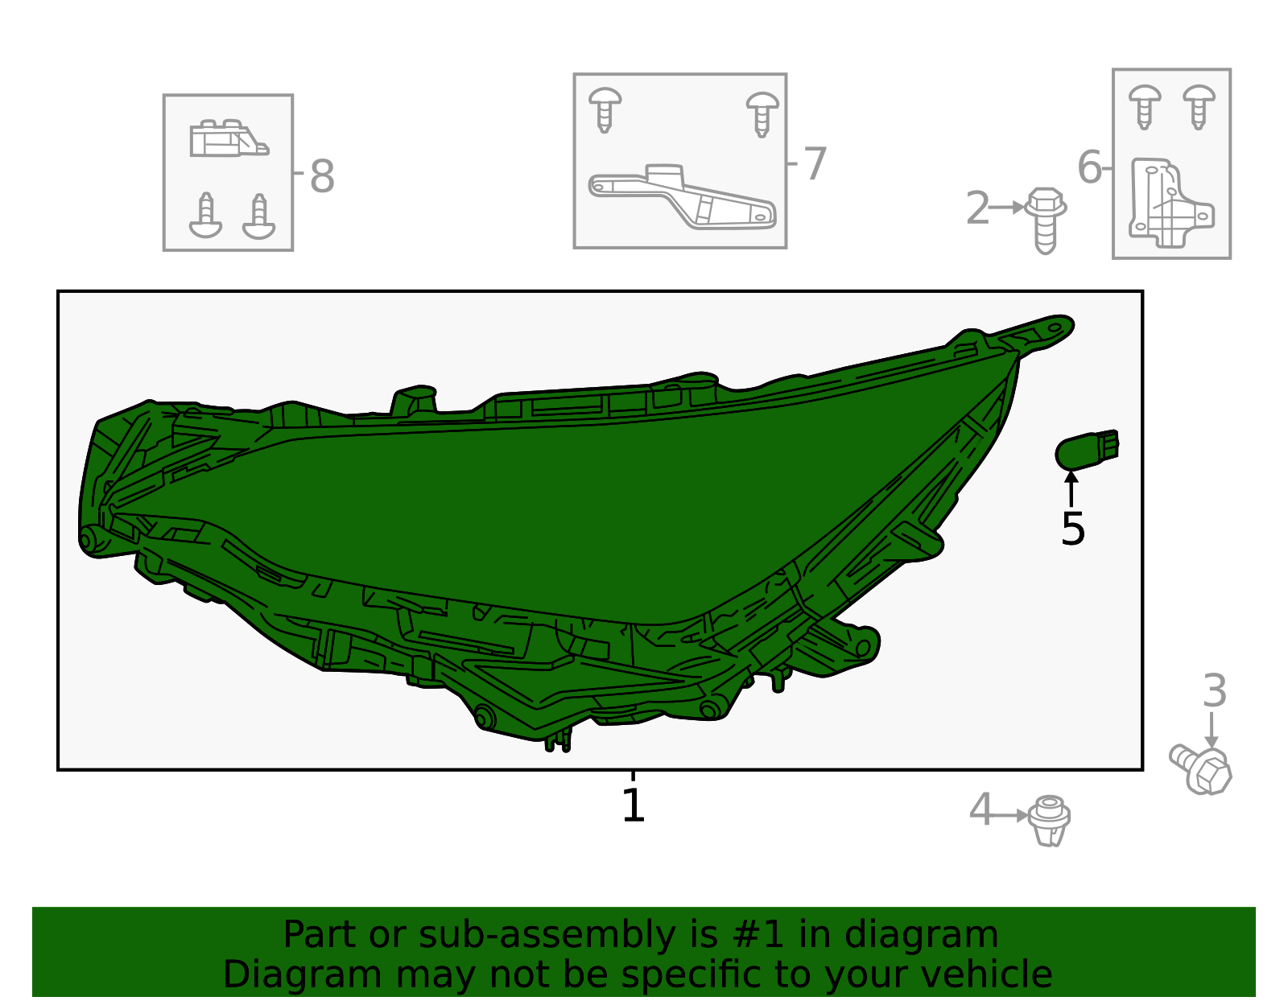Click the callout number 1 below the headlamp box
633,805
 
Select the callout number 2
977,208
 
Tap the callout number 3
1215,690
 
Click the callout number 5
1073,529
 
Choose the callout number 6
1089,167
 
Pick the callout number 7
815,163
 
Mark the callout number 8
323,176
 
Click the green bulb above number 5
1087,450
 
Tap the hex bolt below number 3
1201,769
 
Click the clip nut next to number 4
1049,821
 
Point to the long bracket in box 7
682,196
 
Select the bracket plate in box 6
1170,202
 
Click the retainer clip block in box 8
229,138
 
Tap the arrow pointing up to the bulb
1071,488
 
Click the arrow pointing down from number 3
1212,730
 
